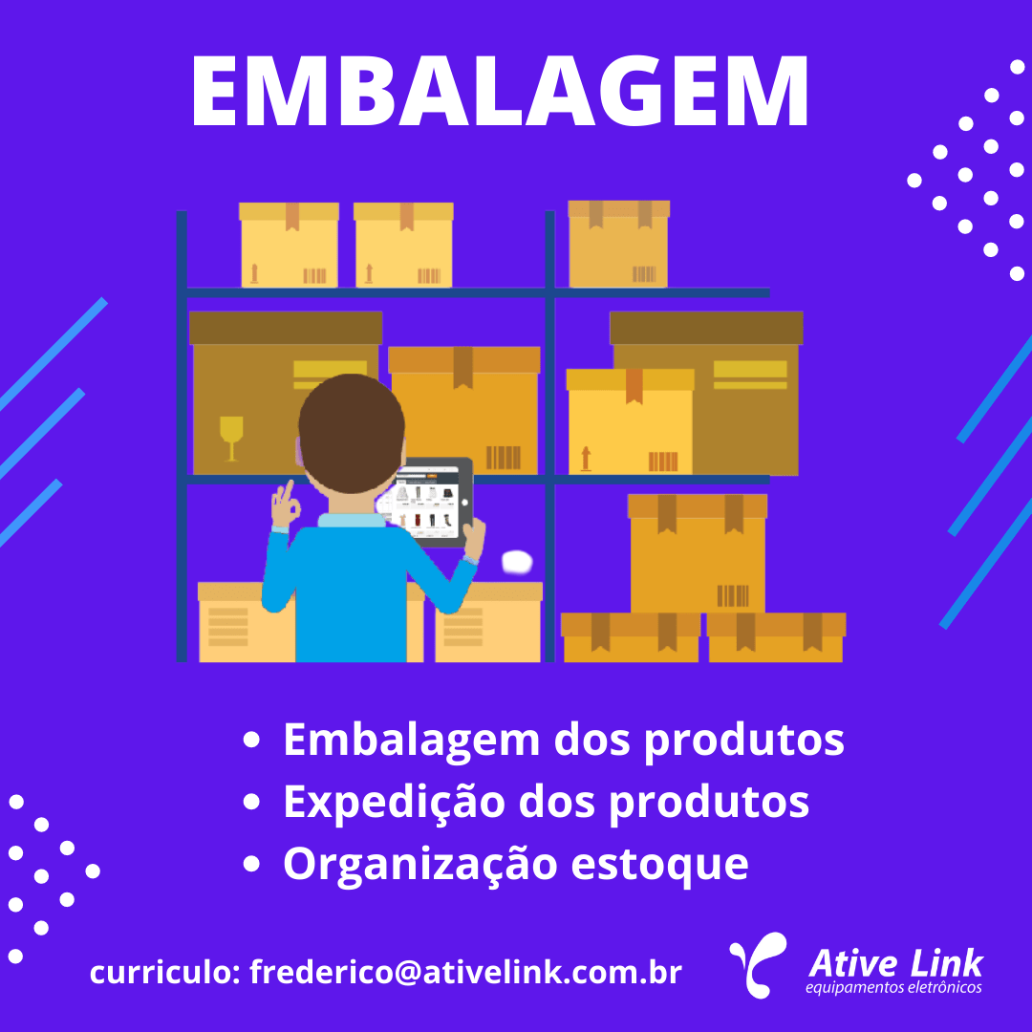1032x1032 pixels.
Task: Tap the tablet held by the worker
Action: [x=434, y=503]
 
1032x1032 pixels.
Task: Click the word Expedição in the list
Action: [x=394, y=803]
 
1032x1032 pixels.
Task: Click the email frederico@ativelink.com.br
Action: [x=465, y=973]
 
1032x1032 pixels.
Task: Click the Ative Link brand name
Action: [x=895, y=962]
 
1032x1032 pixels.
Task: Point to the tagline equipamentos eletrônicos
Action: [x=893, y=987]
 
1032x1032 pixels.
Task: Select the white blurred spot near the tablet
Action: [x=517, y=561]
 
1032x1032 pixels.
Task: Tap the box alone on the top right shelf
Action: [x=618, y=244]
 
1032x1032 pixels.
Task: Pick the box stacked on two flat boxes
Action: [x=698, y=552]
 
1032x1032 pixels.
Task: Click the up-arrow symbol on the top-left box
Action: [x=254, y=275]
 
